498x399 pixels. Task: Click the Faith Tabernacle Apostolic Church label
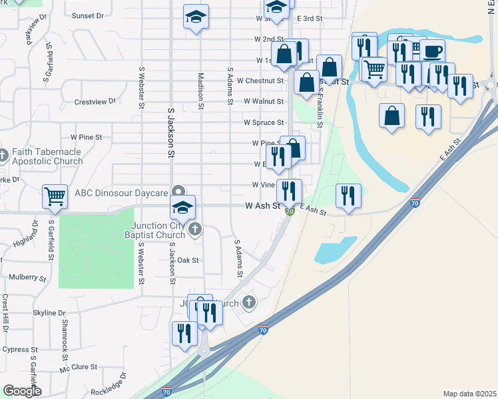[x=47, y=156]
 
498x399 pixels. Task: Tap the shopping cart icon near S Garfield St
[x=55, y=196]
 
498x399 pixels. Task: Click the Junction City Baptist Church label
[x=157, y=229]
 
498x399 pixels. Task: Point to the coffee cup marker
[x=432, y=51]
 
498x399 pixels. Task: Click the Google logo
[x=21, y=391]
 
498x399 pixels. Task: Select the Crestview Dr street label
[x=95, y=102]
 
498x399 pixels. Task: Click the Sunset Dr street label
[x=88, y=15]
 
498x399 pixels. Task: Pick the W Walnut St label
[x=264, y=102]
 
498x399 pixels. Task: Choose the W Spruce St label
[x=264, y=123]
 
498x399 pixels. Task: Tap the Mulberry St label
[x=27, y=276]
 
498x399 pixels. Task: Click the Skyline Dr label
[x=49, y=313]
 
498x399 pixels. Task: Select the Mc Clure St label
[x=79, y=367]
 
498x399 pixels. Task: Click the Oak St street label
[x=188, y=260]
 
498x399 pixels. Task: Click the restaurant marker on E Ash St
[x=348, y=196]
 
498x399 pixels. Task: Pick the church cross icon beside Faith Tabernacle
[x=3, y=156]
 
